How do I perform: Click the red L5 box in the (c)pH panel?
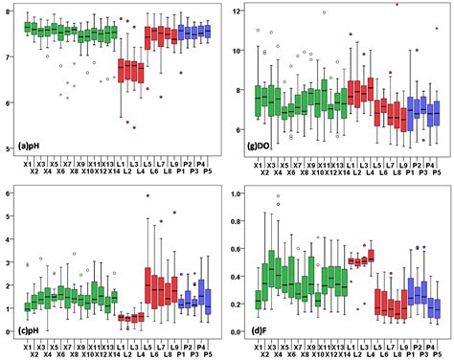pyautogui.click(x=148, y=284)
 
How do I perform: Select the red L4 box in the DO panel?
pyautogui.click(x=371, y=93)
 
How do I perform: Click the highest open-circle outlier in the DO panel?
pyautogui.click(x=325, y=12)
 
